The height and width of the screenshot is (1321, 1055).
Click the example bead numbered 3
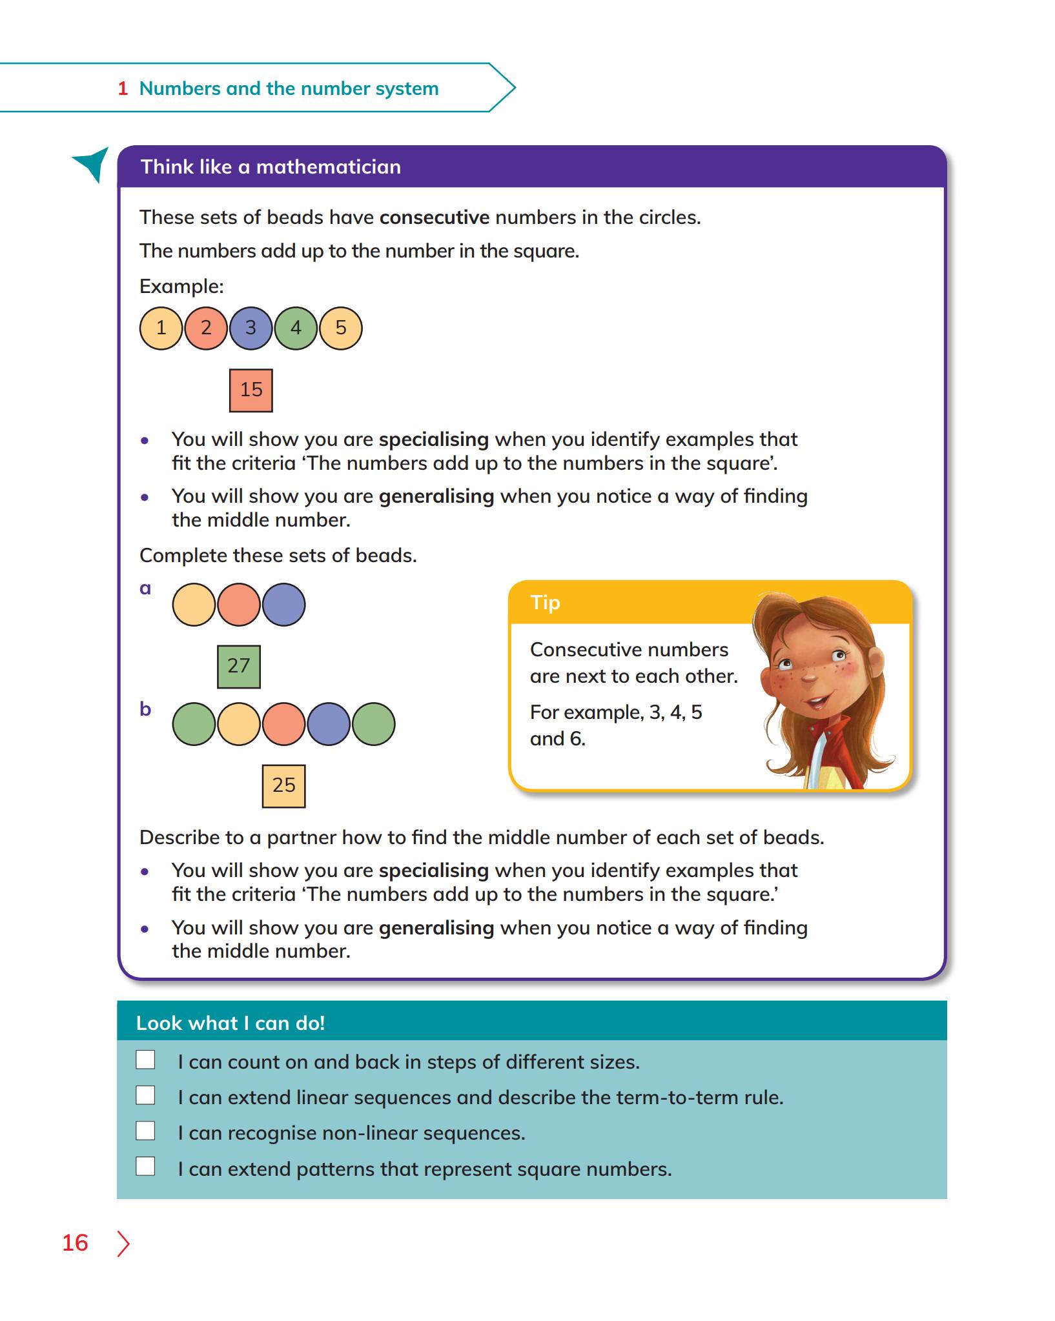(x=251, y=328)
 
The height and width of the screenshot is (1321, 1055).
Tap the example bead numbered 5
(x=341, y=328)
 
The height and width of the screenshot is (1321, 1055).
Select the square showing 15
(x=251, y=390)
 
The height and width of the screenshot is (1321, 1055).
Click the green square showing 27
(x=239, y=666)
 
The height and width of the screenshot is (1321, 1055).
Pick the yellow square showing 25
(x=283, y=785)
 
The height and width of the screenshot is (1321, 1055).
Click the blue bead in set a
(x=283, y=605)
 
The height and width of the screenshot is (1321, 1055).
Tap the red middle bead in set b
(x=283, y=724)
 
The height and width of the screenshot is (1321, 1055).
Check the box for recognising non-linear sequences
(x=145, y=1131)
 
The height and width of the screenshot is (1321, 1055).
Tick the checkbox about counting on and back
(x=145, y=1060)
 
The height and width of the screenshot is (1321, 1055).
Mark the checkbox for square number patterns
(x=145, y=1166)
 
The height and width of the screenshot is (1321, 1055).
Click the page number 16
(x=75, y=1243)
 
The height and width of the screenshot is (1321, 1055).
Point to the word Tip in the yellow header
(x=545, y=603)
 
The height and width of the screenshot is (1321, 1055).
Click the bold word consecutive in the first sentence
(x=434, y=217)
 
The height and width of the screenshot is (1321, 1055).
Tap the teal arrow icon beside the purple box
(x=92, y=163)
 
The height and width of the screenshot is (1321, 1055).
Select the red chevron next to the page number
(x=123, y=1244)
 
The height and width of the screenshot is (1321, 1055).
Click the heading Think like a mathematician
(x=271, y=167)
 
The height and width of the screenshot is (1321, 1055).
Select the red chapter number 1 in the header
(x=123, y=88)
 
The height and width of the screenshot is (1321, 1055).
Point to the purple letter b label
(x=145, y=709)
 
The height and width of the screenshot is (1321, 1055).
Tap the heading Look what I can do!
(x=230, y=1023)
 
